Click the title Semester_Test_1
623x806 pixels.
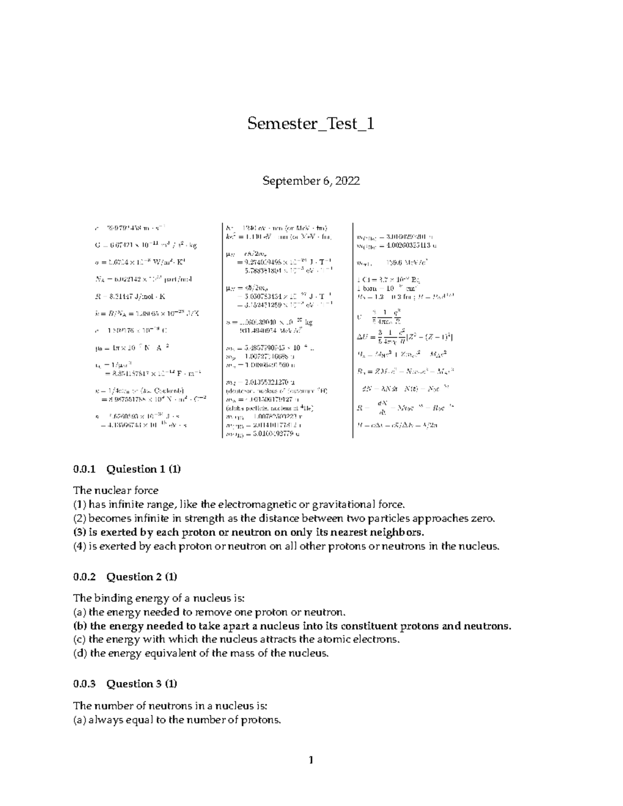[310, 124]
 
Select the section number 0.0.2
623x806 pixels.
[85, 577]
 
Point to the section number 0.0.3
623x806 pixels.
[85, 684]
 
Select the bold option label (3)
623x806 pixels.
[80, 532]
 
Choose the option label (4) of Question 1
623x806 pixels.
[80, 546]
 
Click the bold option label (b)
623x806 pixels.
[80, 625]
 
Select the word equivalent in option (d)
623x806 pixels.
[164, 653]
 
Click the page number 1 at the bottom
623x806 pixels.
[311, 761]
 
